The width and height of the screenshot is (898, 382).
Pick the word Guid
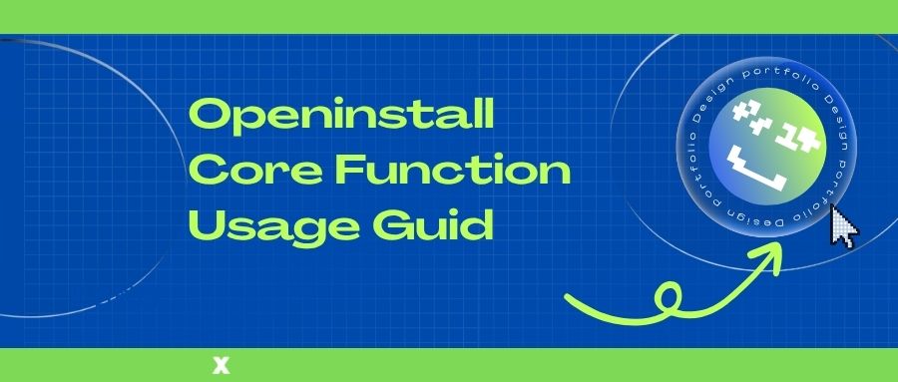[433, 224]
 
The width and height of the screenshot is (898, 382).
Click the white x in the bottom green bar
[222, 365]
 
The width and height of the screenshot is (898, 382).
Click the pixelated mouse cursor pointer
[844, 226]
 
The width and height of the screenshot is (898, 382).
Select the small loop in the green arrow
[668, 298]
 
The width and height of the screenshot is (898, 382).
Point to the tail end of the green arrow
[567, 296]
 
